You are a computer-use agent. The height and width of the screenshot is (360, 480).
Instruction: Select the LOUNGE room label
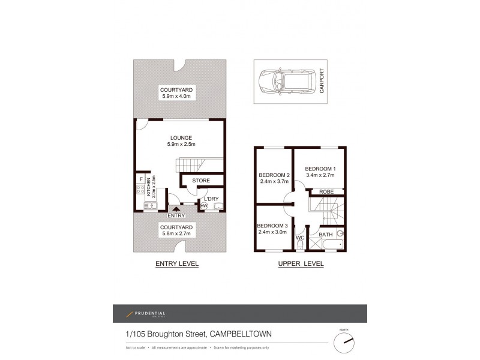[180, 137]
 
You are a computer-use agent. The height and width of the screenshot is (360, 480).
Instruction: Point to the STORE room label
[200, 180]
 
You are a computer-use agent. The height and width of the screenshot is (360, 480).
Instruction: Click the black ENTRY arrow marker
[176, 208]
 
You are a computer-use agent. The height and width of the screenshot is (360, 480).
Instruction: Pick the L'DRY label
[211, 199]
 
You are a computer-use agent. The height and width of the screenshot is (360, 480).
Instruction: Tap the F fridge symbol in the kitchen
[140, 179]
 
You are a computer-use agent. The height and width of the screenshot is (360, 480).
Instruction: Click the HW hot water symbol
[204, 207]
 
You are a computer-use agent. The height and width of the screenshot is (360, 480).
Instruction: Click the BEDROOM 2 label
[274, 175]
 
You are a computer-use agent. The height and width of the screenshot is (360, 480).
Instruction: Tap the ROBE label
[326, 191]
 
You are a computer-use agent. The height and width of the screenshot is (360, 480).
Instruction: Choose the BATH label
[326, 235]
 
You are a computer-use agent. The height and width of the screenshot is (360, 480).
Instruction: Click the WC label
[301, 238]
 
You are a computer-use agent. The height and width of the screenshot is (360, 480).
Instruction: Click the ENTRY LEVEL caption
[177, 263]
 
